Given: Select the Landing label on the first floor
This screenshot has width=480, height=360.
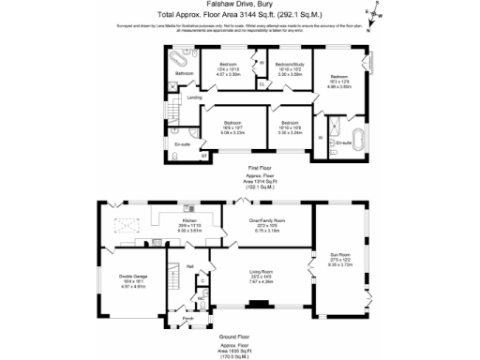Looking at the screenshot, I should [x=195, y=97].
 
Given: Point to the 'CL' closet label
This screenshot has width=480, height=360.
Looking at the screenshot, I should [x=261, y=82].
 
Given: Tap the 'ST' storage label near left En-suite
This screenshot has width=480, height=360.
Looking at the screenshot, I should [x=191, y=156].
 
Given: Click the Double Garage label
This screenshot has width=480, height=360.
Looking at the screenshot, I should [x=131, y=276].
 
